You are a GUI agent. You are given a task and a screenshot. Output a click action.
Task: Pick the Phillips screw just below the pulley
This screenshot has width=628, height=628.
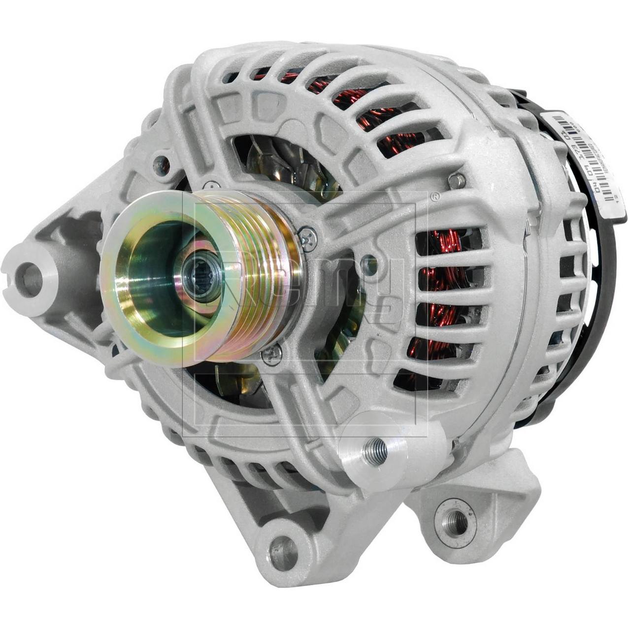pos(272,356)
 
